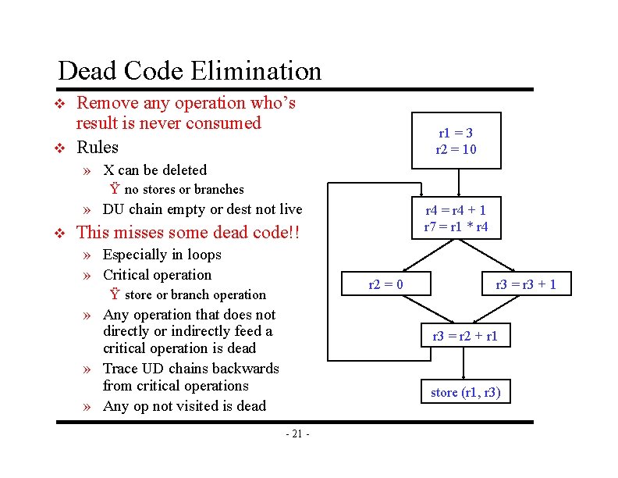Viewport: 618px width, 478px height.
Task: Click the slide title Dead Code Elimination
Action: pos(190,71)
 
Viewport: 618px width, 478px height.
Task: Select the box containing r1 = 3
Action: pos(456,141)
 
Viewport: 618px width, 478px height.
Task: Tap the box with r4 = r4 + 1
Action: pos(456,218)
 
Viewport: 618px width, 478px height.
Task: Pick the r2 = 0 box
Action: pos(385,284)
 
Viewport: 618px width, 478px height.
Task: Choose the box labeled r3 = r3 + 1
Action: pos(526,284)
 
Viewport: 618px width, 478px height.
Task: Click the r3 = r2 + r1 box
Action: pos(464,337)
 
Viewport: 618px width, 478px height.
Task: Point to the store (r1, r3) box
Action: pos(466,392)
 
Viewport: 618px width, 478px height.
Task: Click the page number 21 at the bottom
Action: pos(297,434)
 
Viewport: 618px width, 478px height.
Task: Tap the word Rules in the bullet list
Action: pos(98,148)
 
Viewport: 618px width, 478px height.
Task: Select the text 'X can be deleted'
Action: pos(154,170)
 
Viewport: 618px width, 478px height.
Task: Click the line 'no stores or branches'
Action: pos(183,189)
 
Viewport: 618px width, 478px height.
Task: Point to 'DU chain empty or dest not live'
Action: pos(202,209)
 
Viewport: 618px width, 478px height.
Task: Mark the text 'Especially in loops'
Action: pos(162,255)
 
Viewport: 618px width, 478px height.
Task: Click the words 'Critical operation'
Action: pos(157,275)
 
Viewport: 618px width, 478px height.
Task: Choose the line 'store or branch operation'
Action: pos(195,294)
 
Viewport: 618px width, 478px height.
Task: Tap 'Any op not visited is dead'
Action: pos(184,406)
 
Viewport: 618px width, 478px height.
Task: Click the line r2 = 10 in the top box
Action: pos(456,149)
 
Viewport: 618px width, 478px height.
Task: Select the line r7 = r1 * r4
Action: pos(456,227)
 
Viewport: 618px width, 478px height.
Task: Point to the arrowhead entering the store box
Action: pos(464,377)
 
